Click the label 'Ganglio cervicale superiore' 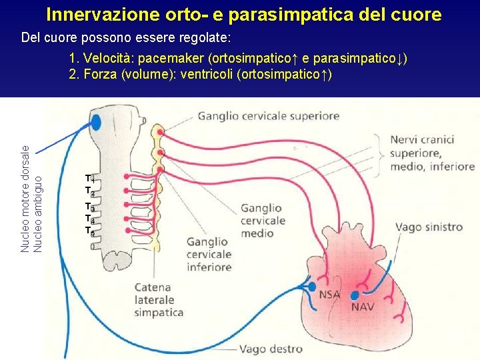268,116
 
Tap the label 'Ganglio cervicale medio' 261,221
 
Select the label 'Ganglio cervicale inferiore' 209,255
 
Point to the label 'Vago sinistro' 429,227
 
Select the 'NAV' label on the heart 363,307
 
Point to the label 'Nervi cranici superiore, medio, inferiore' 432,153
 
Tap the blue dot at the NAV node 355,295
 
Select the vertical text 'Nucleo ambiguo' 38,213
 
